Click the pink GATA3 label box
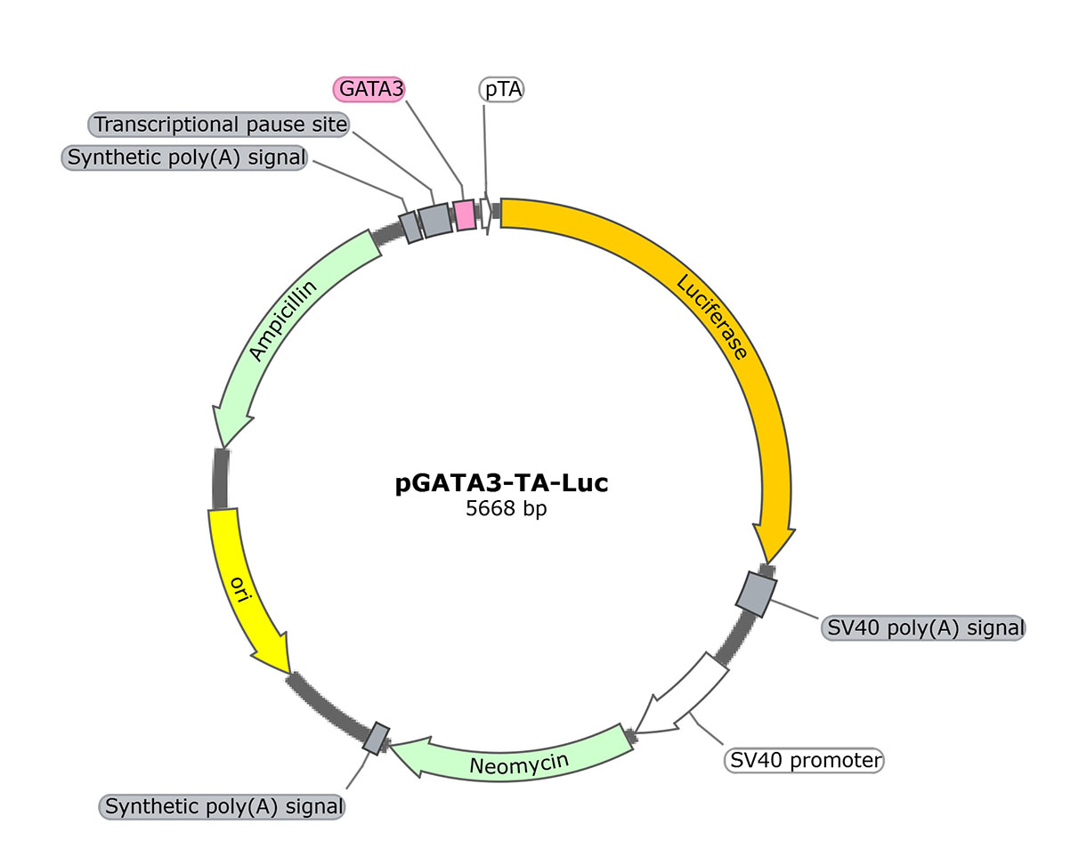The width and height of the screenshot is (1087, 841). (x=369, y=89)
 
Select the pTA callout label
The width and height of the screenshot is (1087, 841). (x=502, y=89)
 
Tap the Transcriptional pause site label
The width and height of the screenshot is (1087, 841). (x=220, y=125)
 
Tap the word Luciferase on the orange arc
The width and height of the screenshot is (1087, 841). (x=711, y=317)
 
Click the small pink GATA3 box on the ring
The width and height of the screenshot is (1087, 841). (x=464, y=214)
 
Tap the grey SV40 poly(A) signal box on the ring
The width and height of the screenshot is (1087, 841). (x=757, y=594)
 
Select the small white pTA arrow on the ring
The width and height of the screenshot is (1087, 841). (x=486, y=214)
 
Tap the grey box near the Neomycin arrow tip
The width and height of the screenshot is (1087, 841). (x=377, y=738)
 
